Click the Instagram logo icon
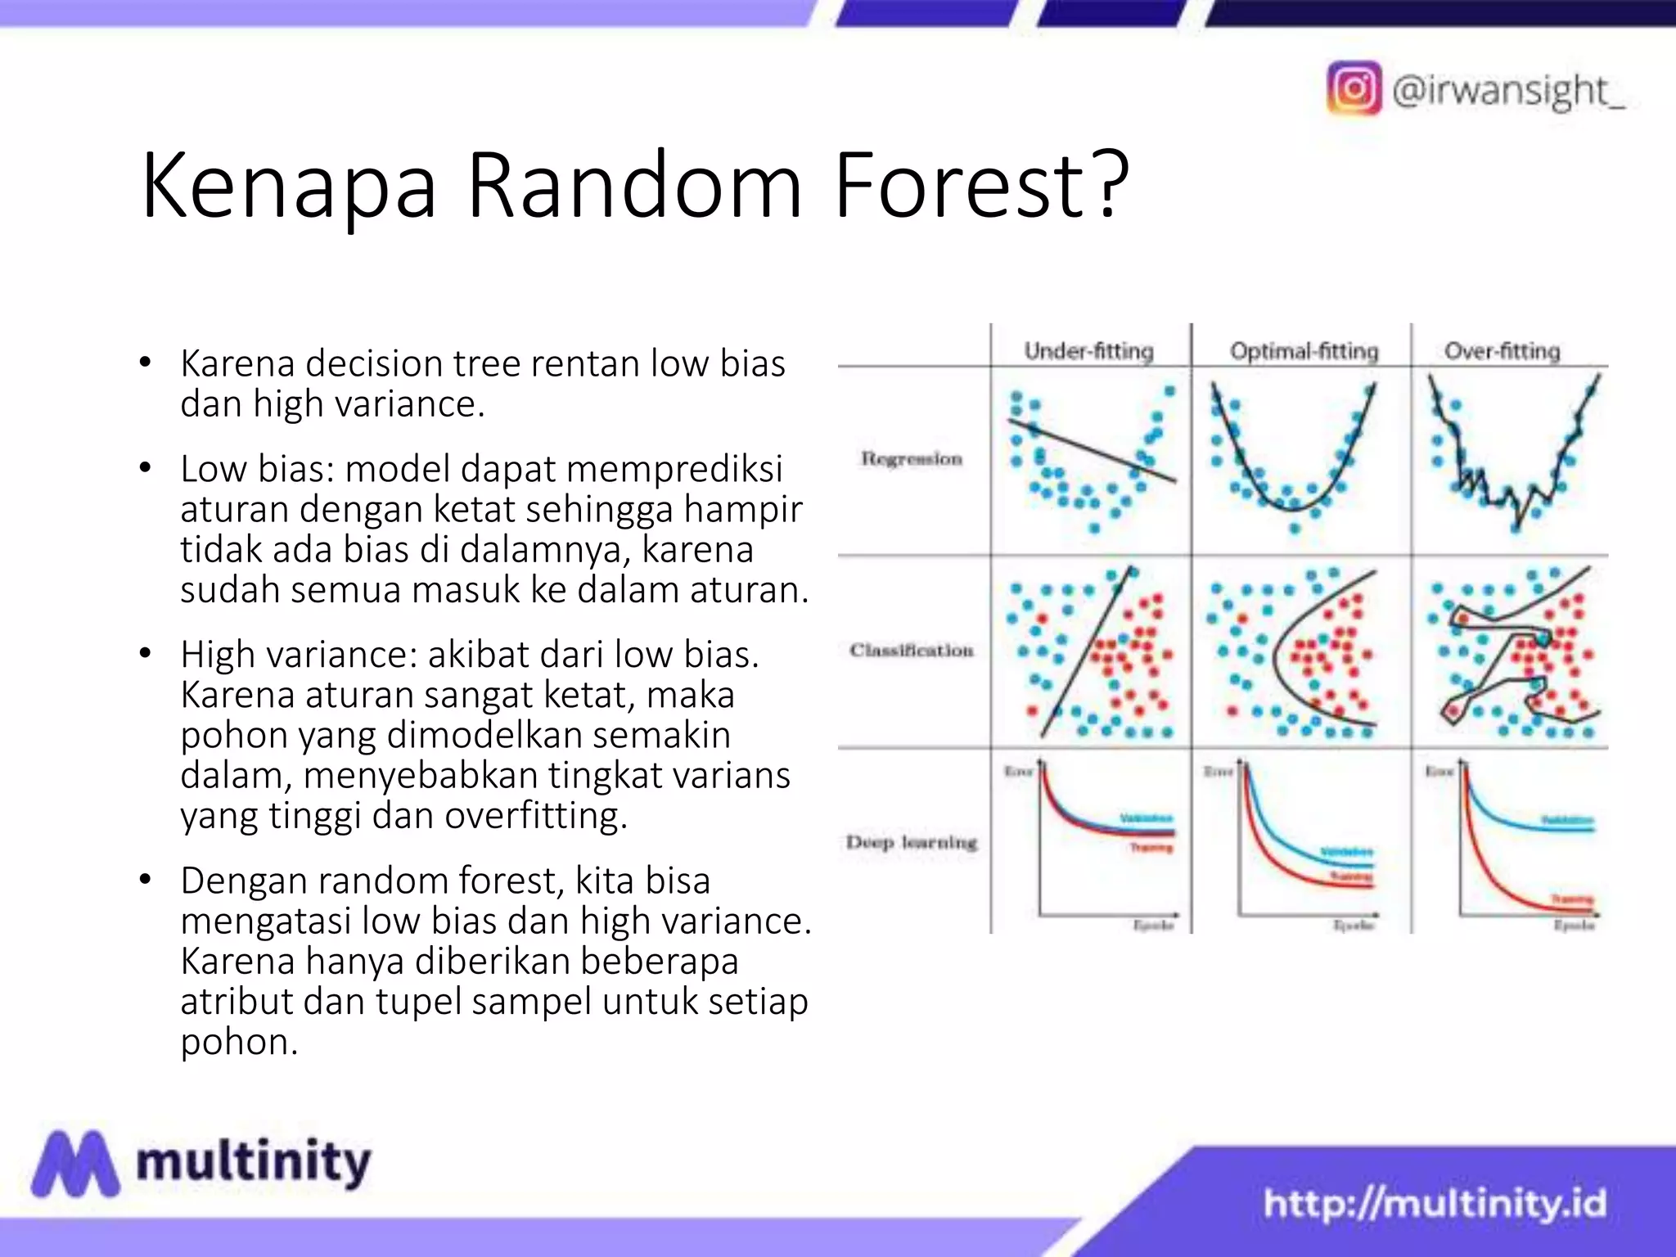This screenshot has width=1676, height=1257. (1354, 88)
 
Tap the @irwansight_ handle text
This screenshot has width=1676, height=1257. (1507, 90)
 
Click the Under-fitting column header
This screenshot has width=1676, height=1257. (1088, 351)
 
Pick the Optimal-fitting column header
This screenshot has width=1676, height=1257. (1304, 351)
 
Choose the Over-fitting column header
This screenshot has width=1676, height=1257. (1502, 351)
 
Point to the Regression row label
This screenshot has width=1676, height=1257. (911, 459)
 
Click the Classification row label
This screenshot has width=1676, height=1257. (911, 651)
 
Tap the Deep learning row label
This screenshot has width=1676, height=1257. (911, 842)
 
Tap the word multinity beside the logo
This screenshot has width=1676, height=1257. (254, 1162)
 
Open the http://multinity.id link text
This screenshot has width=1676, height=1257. (1435, 1204)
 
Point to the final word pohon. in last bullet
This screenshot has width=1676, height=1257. (239, 1042)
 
